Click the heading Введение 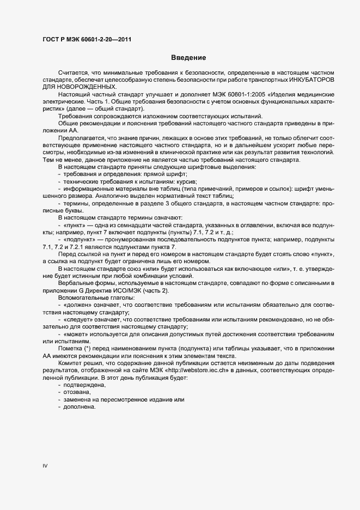[188, 57]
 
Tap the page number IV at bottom [45, 465]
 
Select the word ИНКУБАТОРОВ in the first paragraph [313, 80]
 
